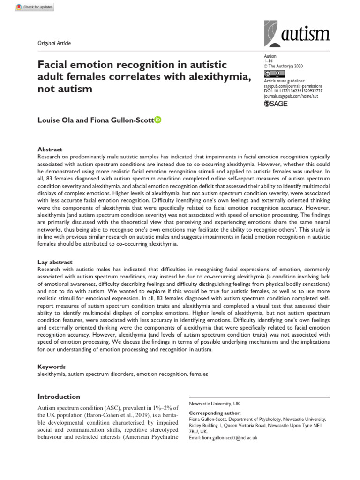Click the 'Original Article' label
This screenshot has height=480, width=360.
click(54, 43)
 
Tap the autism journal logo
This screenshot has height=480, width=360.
click(296, 33)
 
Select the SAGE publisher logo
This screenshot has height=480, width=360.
click(276, 104)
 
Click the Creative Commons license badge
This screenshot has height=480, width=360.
click(274, 74)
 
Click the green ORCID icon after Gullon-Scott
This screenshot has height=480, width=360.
click(157, 120)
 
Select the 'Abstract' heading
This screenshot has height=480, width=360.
click(50, 150)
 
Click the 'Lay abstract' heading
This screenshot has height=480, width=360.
click(55, 262)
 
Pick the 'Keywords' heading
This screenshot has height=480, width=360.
click(52, 367)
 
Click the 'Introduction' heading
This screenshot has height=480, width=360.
click(59, 397)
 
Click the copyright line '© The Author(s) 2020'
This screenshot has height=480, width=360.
click(282, 66)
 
